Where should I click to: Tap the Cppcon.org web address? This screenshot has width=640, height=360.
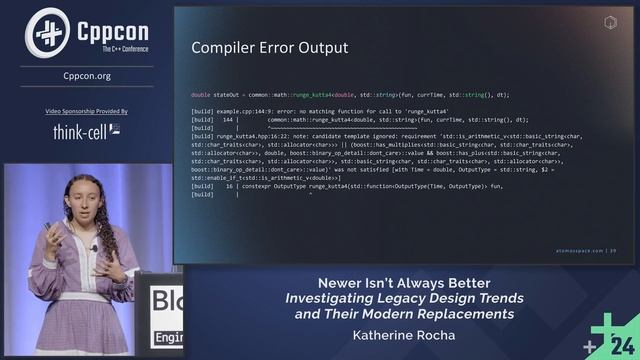coord(87,75)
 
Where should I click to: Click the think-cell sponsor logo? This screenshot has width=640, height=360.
coord(86,130)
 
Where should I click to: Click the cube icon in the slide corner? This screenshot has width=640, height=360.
coord(611,21)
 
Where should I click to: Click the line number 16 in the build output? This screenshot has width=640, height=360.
coord(230,187)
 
